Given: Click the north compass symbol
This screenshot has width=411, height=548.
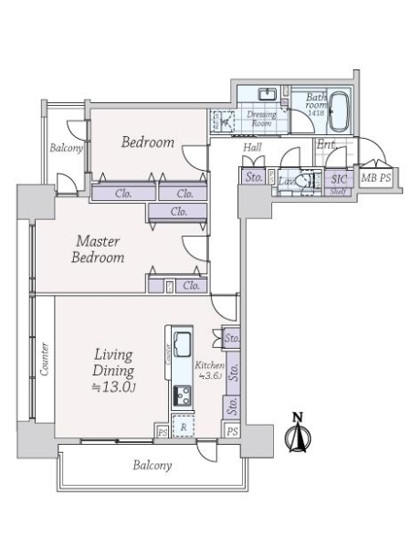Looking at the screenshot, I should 295,433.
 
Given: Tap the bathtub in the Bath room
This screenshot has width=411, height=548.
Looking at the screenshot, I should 340,112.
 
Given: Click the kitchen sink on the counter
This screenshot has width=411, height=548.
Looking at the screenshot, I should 180,344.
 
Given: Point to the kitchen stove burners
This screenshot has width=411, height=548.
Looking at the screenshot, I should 180,395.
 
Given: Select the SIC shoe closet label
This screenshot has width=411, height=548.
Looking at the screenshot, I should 339,179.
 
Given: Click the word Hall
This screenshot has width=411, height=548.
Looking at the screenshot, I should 254,147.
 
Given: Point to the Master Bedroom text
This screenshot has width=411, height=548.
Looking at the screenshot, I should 100,249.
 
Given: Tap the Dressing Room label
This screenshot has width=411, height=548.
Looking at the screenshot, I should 262,119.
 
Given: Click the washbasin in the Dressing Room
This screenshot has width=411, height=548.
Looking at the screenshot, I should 269,95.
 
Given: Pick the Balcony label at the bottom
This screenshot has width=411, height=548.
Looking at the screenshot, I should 152,465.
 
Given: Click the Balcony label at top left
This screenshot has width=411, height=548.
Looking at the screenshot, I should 66,148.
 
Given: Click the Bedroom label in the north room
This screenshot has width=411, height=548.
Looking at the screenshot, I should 147,142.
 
